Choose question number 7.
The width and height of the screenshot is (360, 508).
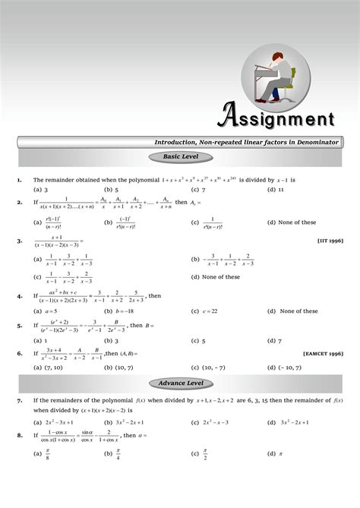point(18,399)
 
